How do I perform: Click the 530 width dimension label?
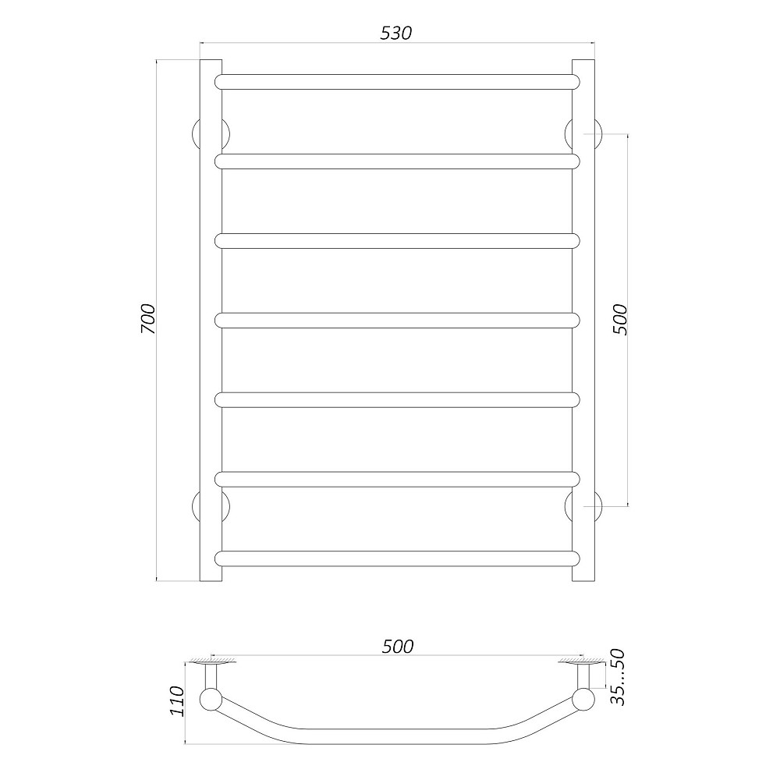pyautogui.click(x=396, y=33)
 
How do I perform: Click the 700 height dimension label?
pyautogui.click(x=148, y=318)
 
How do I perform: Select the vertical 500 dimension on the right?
pyautogui.click(x=620, y=319)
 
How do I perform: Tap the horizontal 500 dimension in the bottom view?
pyautogui.click(x=398, y=646)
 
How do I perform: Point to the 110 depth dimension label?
pyautogui.click(x=177, y=701)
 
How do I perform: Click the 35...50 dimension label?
pyautogui.click(x=617, y=677)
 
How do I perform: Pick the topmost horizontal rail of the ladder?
pyautogui.click(x=398, y=82)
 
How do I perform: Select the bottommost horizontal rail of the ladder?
pyautogui.click(x=398, y=558)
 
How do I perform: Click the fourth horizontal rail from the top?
pyautogui.click(x=398, y=321)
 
